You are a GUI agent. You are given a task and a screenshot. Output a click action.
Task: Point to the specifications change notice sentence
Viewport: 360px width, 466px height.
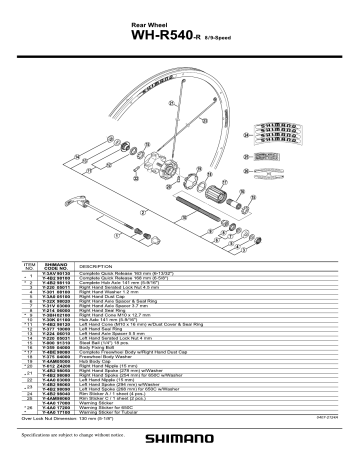[81, 437]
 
